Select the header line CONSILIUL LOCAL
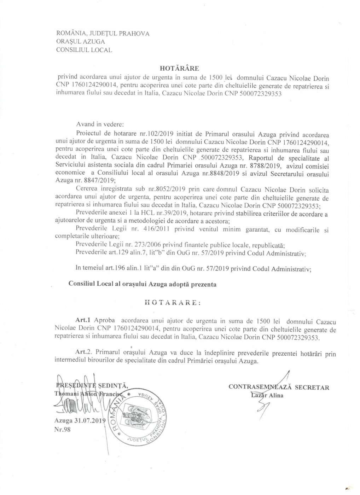84,50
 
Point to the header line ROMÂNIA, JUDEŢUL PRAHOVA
103,34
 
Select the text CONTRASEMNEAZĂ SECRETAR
279,387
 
